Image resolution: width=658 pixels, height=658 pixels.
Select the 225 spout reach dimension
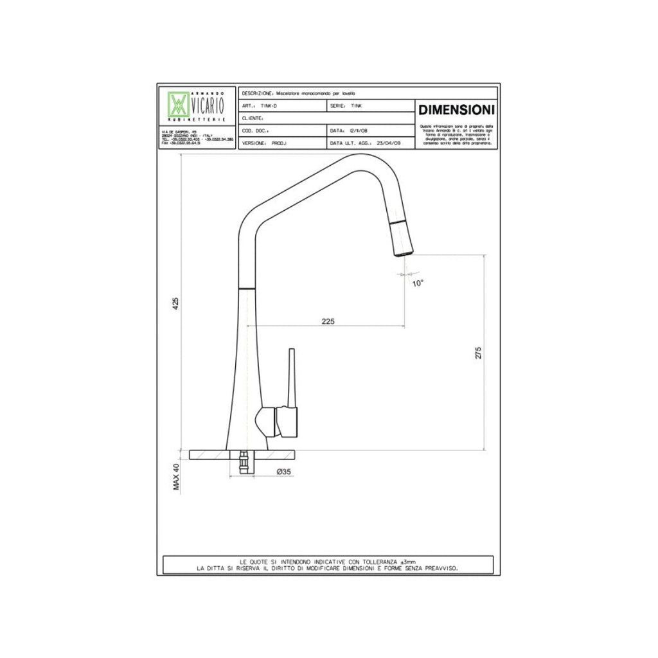pyautogui.click(x=328, y=321)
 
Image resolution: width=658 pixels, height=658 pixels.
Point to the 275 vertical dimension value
pyautogui.click(x=477, y=352)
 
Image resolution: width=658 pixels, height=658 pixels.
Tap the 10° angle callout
pyautogui.click(x=418, y=282)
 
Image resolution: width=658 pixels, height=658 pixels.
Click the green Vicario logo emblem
pyautogui.click(x=178, y=104)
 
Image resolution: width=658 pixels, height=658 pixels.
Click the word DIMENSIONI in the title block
pyautogui.click(x=456, y=108)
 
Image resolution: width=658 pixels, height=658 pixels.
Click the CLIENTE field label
pyautogui.click(x=253, y=119)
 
